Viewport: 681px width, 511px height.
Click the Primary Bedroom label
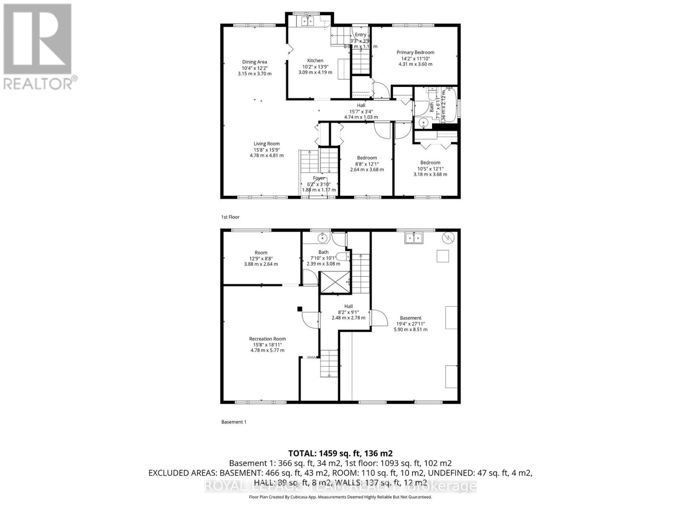(415, 52)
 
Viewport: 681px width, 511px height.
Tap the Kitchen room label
(315, 60)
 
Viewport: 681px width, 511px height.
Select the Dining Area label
(255, 62)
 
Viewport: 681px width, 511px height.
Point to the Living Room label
(267, 144)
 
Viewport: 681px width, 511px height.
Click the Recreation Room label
(267, 339)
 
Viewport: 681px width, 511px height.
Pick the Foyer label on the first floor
(319, 178)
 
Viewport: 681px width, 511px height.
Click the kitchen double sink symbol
(306, 20)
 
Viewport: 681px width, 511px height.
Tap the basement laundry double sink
(413, 238)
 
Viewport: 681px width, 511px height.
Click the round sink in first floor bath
(423, 123)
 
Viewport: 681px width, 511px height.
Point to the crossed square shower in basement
(334, 282)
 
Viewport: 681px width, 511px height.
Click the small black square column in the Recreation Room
(300, 309)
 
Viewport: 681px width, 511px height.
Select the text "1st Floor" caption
(230, 217)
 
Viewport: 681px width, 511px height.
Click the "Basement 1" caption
(234, 422)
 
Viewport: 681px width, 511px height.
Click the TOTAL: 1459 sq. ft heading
(340, 453)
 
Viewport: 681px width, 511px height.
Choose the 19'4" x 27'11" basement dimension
(410, 324)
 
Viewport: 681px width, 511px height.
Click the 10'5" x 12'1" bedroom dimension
(430, 168)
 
